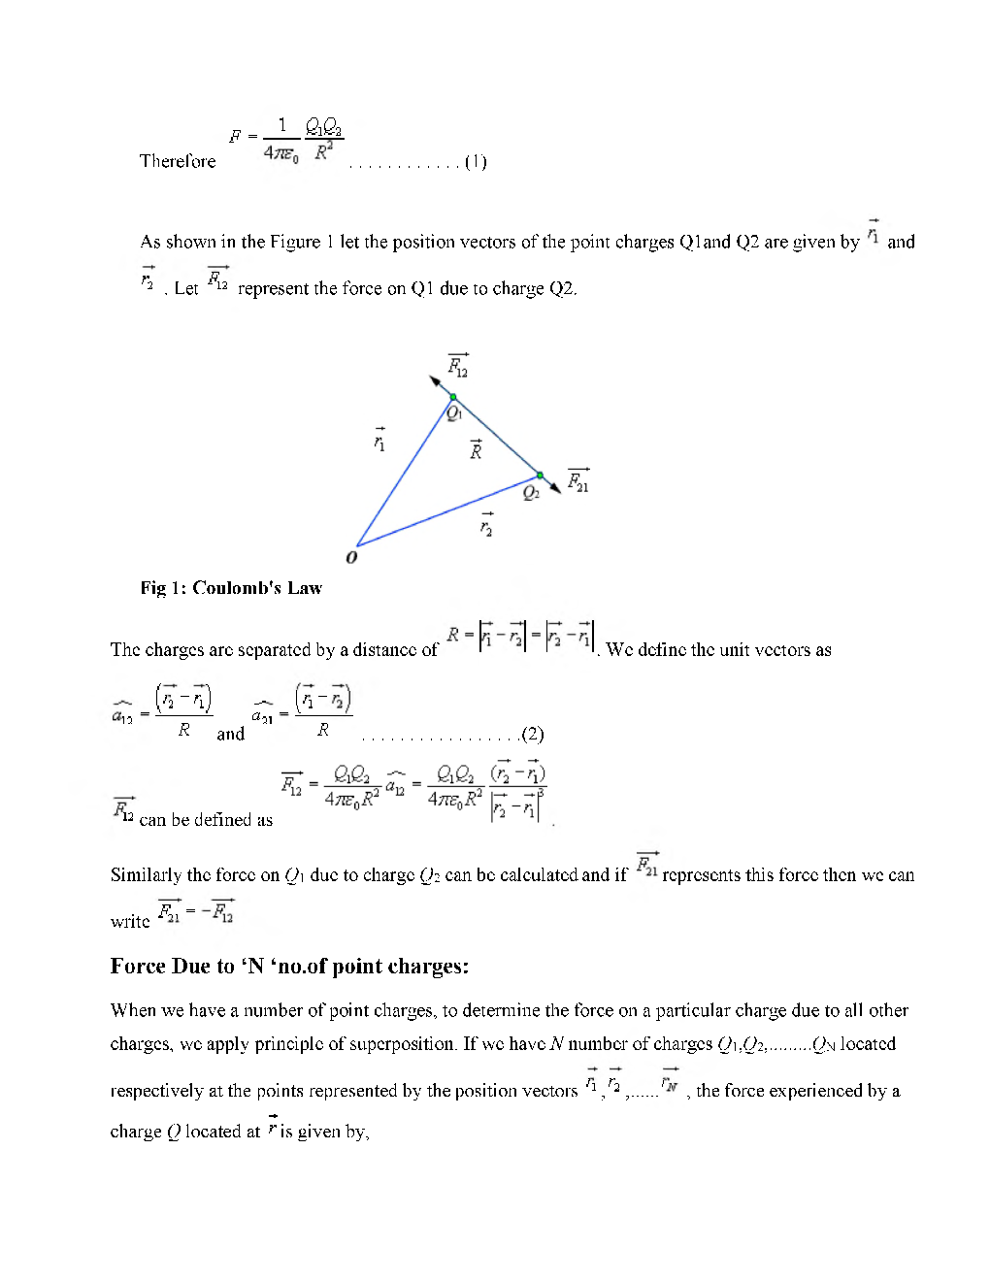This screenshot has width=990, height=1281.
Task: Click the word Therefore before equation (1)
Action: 178,161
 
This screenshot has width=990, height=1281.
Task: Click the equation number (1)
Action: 476,162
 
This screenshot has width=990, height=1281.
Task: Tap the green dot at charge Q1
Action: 453,397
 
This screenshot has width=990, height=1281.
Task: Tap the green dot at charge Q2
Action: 541,476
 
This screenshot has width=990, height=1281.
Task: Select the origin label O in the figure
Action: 351,557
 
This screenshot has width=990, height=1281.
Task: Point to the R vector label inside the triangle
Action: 476,449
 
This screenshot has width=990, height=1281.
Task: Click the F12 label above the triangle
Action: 458,367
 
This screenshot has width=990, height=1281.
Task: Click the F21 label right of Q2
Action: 578,480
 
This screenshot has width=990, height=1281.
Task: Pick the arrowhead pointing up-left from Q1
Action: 436,380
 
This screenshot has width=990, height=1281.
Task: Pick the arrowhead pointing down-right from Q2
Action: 555,487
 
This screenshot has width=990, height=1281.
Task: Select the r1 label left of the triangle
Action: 379,441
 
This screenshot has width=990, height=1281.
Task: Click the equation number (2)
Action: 532,734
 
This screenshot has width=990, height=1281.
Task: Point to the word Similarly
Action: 146,875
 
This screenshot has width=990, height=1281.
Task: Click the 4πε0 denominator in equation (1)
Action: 281,152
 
